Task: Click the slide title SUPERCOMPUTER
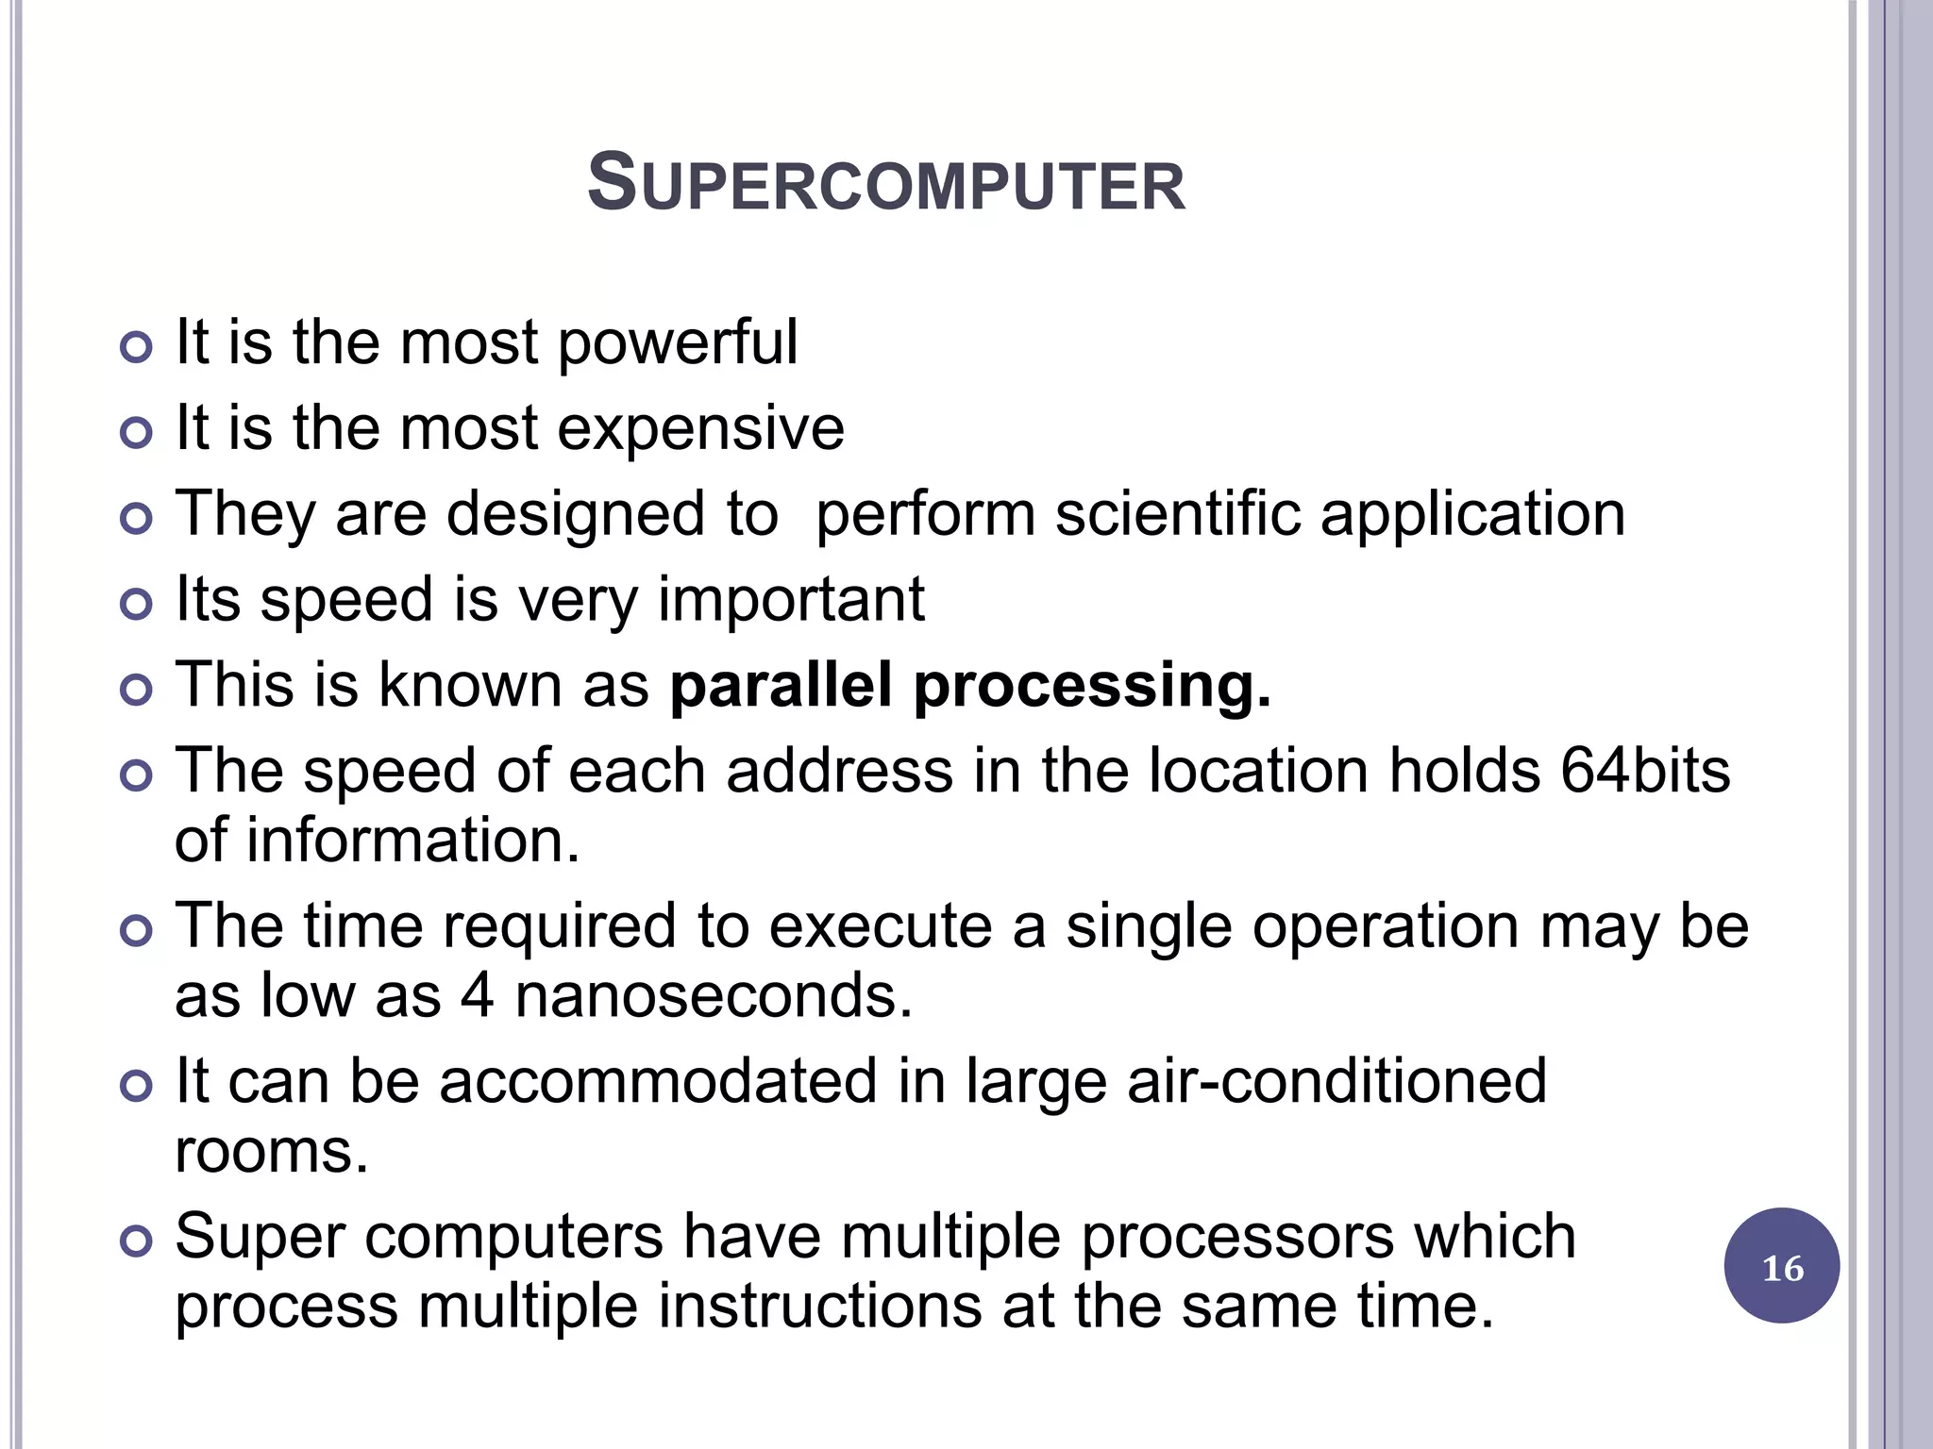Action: pyautogui.click(x=885, y=184)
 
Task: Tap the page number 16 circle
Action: pyautogui.click(x=1781, y=1267)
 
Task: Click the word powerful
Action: pyautogui.click(x=678, y=343)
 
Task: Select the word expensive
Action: pyautogui.click(x=700, y=429)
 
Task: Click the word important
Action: pyautogui.click(x=790, y=600)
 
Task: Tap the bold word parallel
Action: pyautogui.click(x=781, y=686)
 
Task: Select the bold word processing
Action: pyautogui.click(x=1092, y=688)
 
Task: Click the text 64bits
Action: pyautogui.click(x=1645, y=771)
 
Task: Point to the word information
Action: pyautogui.click(x=412, y=841)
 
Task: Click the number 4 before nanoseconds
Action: pyautogui.click(x=477, y=996)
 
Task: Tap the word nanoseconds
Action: pyautogui.click(x=714, y=996)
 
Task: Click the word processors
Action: pyautogui.click(x=1236, y=1237)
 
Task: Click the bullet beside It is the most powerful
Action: pyautogui.click(x=137, y=348)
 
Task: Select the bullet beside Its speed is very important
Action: pyautogui.click(x=137, y=605)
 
